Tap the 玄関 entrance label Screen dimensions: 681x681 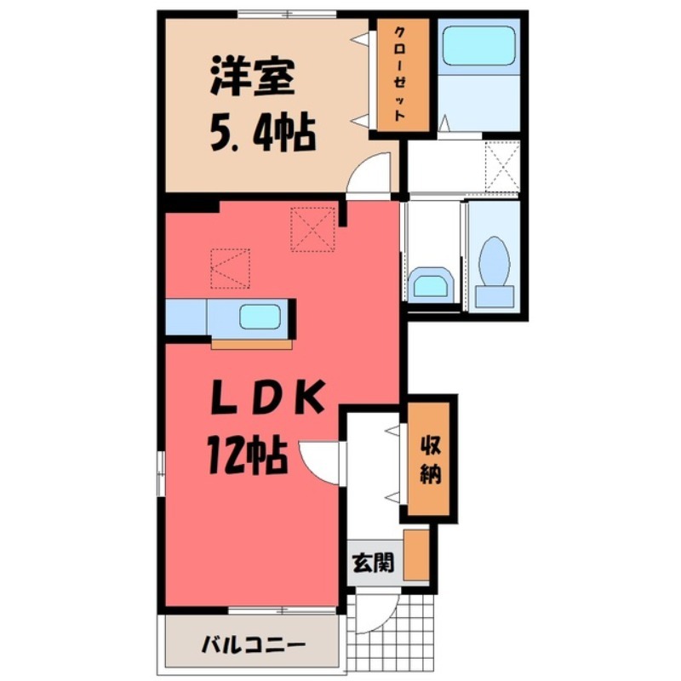click(373, 563)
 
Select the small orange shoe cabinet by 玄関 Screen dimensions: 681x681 click(416, 554)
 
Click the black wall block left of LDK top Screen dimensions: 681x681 click(191, 205)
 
